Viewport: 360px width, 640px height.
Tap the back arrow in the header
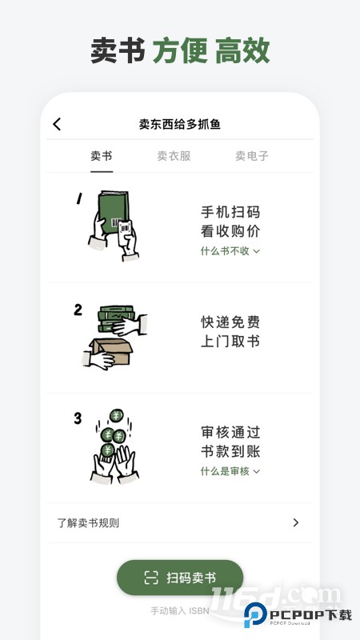pyautogui.click(x=57, y=124)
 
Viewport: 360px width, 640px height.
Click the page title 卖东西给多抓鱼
pyautogui.click(x=179, y=124)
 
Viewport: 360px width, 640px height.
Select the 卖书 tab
pyautogui.click(x=102, y=156)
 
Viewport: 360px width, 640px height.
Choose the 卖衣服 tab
pyautogui.click(x=174, y=156)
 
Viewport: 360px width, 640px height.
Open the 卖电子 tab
pyautogui.click(x=251, y=156)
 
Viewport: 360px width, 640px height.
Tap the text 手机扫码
pyautogui.click(x=230, y=213)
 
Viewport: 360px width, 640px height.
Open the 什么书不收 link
pyautogui.click(x=230, y=251)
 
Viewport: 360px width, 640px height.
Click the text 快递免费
pyautogui.click(x=230, y=322)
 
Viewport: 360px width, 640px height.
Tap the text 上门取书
pyautogui.click(x=230, y=342)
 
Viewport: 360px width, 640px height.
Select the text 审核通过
pyautogui.click(x=230, y=433)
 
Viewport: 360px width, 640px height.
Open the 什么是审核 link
pyautogui.click(x=230, y=471)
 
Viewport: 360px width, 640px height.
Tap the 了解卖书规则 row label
pyautogui.click(x=88, y=523)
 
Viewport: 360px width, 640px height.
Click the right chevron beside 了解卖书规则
pyautogui.click(x=295, y=523)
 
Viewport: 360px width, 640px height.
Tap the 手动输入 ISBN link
pyautogui.click(x=179, y=611)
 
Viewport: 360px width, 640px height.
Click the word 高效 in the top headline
pyautogui.click(x=242, y=50)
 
